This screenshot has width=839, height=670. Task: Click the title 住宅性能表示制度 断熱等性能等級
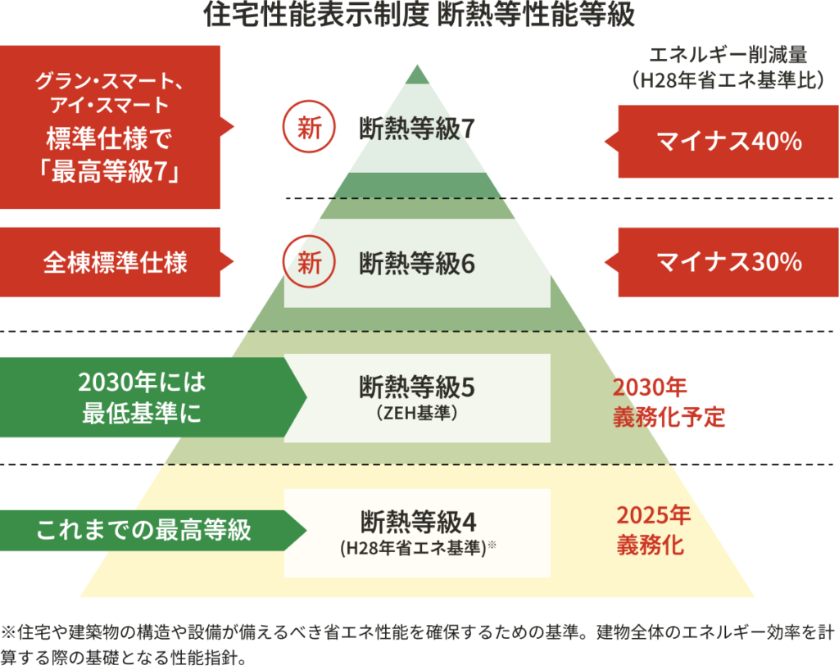(419, 16)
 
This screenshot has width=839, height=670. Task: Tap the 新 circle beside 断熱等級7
(308, 128)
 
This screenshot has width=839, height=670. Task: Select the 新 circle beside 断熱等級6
(308, 263)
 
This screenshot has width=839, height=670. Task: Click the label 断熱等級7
(417, 129)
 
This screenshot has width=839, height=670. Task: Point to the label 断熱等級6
(417, 264)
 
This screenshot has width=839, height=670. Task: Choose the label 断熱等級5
(417, 386)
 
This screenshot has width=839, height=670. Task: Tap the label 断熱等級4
(417, 520)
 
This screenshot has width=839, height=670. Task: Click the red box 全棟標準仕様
(115, 262)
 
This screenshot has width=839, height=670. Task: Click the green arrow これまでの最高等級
(143, 530)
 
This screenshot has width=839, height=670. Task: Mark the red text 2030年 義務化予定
(668, 401)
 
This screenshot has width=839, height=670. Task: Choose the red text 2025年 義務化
(653, 530)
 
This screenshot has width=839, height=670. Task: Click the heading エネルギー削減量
(728, 56)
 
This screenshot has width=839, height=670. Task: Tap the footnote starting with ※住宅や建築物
(410, 632)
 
